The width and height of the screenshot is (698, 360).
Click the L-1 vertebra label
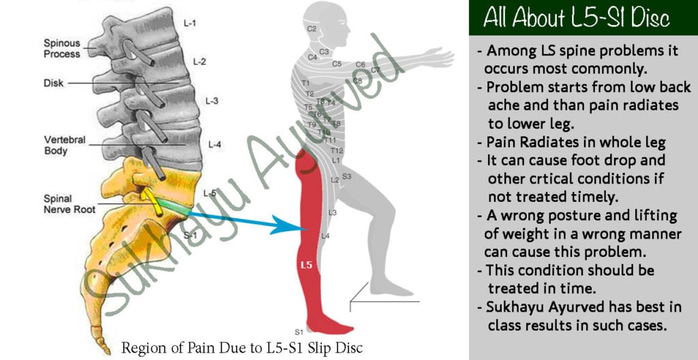pyautogui.click(x=189, y=22)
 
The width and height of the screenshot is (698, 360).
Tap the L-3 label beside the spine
pyautogui.click(x=211, y=101)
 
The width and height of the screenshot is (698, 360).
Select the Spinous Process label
pyautogui.click(x=62, y=48)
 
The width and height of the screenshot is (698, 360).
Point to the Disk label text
pyautogui.click(x=53, y=83)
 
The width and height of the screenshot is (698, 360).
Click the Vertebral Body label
pyautogui.click(x=65, y=145)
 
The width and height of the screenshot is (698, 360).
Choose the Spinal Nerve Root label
pyautogui.click(x=70, y=204)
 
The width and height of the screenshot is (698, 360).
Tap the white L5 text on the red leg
pyautogui.click(x=307, y=265)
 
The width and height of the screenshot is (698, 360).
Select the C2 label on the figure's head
pyautogui.click(x=312, y=29)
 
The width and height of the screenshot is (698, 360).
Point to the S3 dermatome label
pyautogui.click(x=347, y=177)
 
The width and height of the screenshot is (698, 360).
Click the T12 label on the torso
pyautogui.click(x=337, y=151)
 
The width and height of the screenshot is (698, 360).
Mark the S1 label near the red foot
pyautogui.click(x=299, y=332)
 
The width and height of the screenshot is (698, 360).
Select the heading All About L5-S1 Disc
pyautogui.click(x=577, y=18)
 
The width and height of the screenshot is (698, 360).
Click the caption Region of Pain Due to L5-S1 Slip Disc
pyautogui.click(x=242, y=348)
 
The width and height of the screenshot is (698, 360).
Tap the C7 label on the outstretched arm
pyautogui.click(x=376, y=70)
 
